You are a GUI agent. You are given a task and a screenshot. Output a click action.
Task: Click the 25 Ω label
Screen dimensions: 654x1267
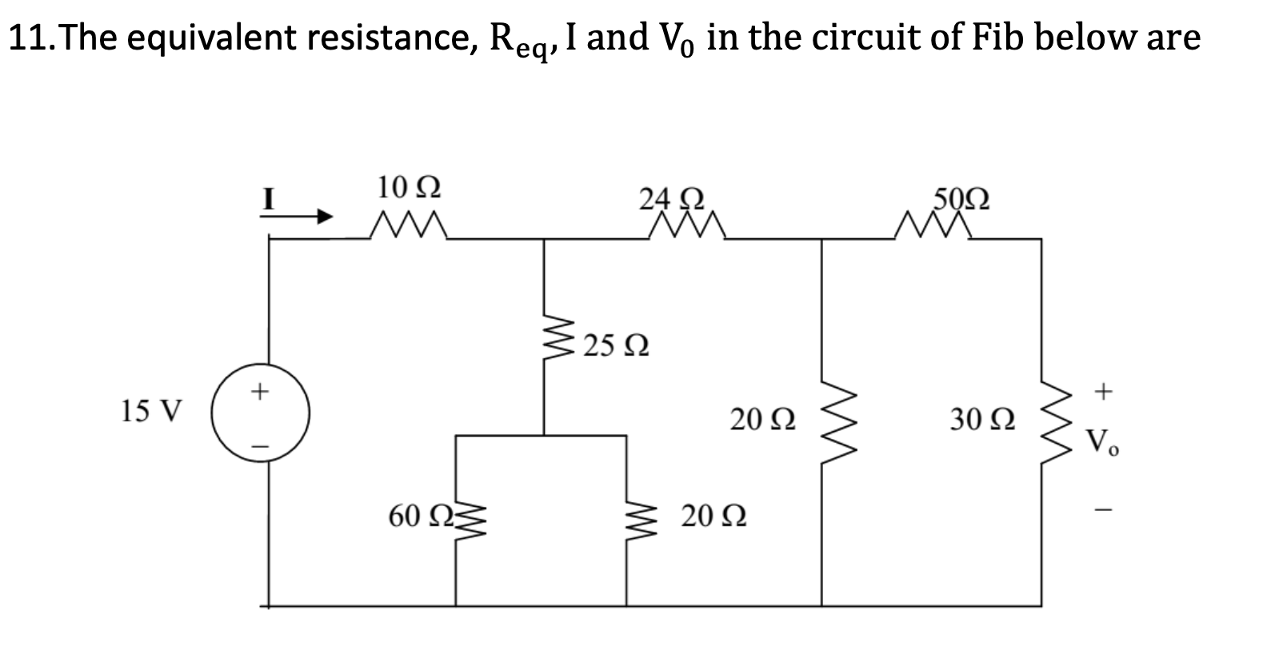[615, 347]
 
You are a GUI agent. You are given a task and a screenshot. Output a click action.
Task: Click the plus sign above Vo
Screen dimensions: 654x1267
[1104, 391]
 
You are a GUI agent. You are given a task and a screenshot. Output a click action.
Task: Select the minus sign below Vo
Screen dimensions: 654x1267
[1104, 508]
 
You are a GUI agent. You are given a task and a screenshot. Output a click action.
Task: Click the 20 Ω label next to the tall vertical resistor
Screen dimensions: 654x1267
[762, 419]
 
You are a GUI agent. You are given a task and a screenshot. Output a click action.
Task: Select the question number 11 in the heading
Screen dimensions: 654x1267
[28, 37]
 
